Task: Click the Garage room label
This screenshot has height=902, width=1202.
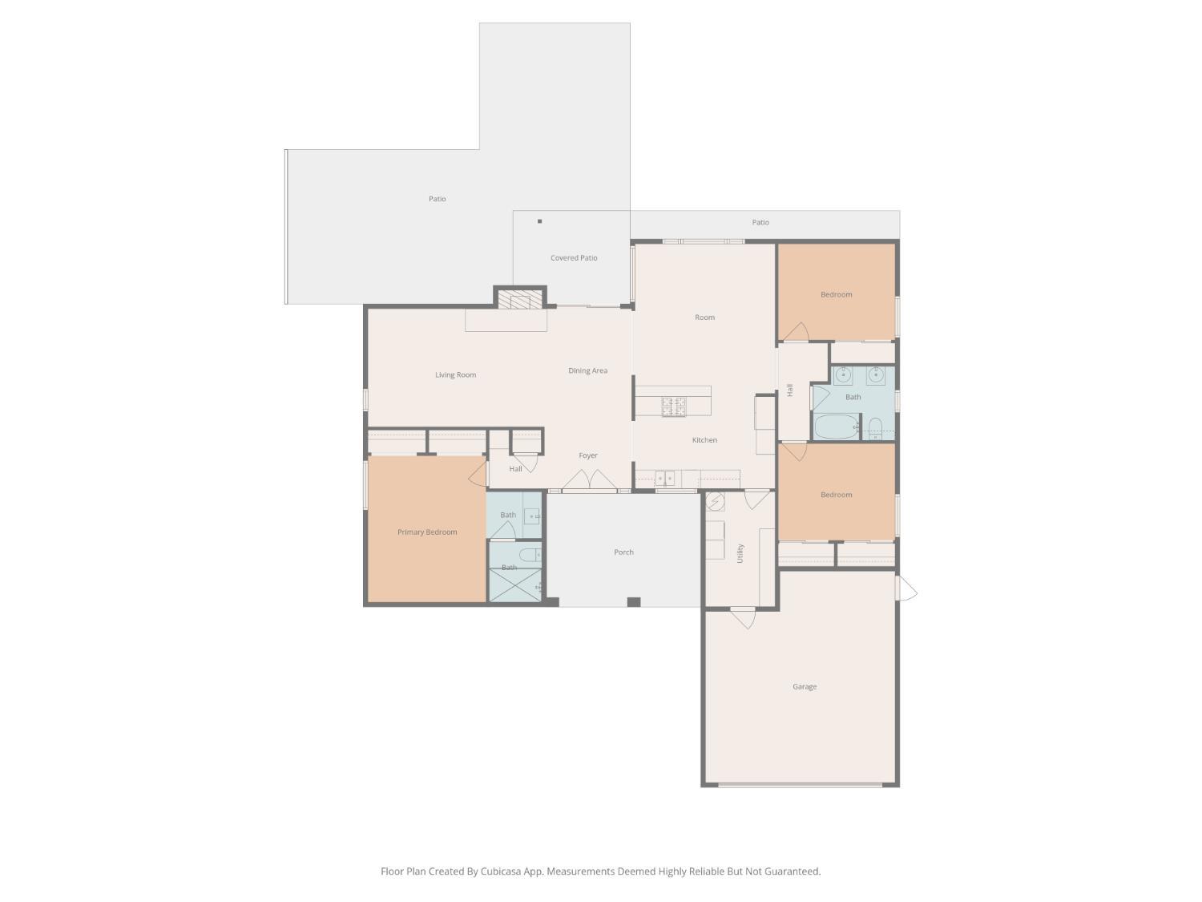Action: point(805,687)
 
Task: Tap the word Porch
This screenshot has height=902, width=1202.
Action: point(623,552)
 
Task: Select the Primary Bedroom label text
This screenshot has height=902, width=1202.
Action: point(427,532)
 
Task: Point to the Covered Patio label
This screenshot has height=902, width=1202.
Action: point(574,258)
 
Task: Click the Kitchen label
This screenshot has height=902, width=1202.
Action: point(704,439)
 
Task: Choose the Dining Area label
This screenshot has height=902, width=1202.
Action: point(587,370)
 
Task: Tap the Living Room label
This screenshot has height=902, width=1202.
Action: point(456,375)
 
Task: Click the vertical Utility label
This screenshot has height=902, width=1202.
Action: point(740,553)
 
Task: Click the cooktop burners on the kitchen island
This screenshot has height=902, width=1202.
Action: point(674,407)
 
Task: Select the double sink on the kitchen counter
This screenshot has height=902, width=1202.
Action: point(665,479)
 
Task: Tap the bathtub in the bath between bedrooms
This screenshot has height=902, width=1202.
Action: point(837,427)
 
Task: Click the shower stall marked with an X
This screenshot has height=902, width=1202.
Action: point(514,585)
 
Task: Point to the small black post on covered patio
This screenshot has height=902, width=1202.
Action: point(539,221)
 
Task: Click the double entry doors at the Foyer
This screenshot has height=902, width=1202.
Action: point(589,480)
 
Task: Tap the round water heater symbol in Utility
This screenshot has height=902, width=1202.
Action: point(715,501)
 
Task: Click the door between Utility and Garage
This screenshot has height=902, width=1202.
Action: point(743,617)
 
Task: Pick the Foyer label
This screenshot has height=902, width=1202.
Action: point(588,455)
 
